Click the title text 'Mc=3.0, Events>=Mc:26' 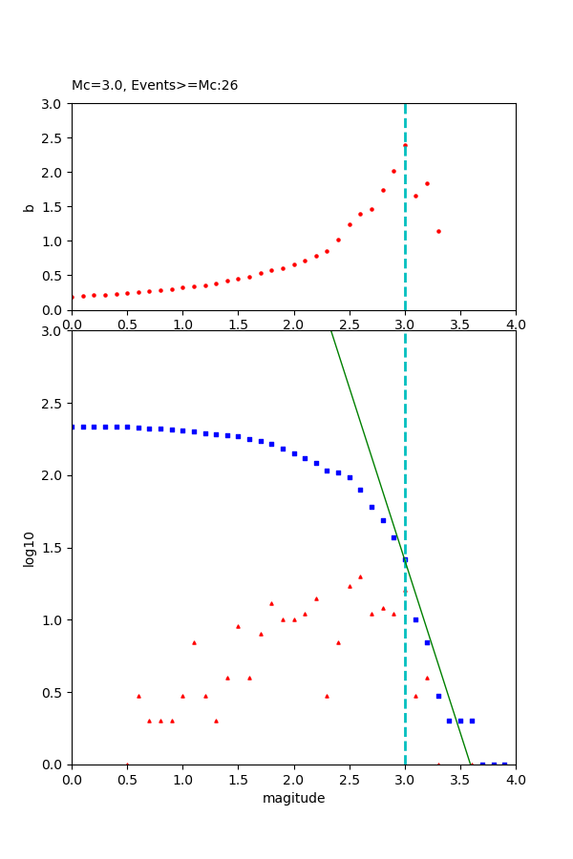(155, 85)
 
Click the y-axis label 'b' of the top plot (30, 207)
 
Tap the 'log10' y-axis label (30, 549)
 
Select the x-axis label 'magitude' (293, 798)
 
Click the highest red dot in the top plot (405, 146)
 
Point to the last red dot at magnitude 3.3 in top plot (438, 231)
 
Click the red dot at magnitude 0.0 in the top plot (72, 297)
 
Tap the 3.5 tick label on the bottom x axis (460, 781)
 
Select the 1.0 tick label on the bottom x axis (182, 781)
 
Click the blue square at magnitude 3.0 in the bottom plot (405, 560)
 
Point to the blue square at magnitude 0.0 (72, 427)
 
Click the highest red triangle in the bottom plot (360, 576)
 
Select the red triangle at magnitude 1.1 (194, 642)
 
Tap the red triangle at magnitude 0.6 (138, 696)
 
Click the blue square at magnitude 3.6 (472, 721)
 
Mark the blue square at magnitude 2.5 (350, 477)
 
